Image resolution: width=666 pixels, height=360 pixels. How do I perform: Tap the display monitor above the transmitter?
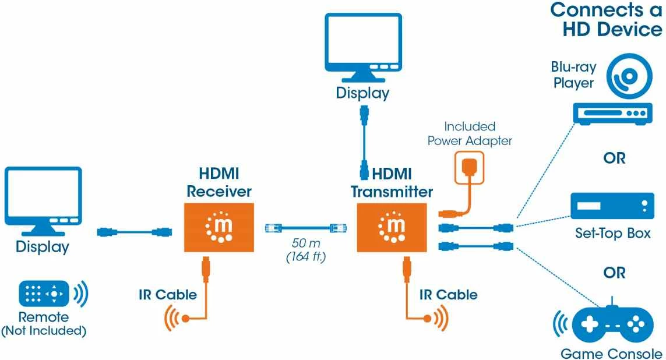[x=362, y=48]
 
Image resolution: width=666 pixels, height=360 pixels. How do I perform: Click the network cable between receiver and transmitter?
[x=305, y=228]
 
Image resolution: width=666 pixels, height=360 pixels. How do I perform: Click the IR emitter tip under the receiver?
[x=185, y=318]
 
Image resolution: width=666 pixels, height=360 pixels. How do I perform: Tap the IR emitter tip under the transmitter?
[x=428, y=318]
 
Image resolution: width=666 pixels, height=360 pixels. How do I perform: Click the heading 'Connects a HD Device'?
[x=606, y=19]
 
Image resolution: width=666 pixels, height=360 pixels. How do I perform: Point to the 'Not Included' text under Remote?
[x=44, y=331]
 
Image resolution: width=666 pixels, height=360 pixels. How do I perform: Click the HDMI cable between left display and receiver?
[x=133, y=232]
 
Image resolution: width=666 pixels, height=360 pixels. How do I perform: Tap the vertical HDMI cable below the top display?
[x=364, y=142]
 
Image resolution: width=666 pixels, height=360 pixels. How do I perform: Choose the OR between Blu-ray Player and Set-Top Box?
[x=614, y=158]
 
